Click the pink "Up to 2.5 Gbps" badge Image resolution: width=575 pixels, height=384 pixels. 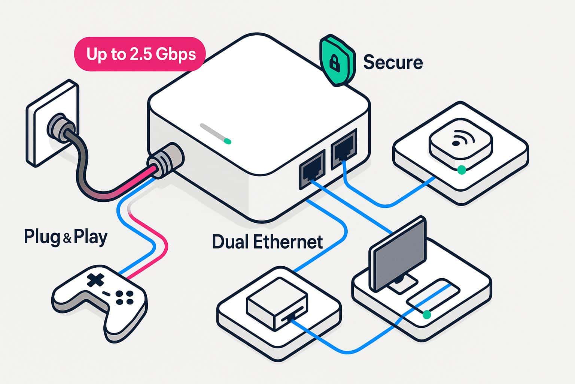point(140,54)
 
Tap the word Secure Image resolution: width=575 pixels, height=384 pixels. point(393,62)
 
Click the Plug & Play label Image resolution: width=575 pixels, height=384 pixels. point(66,237)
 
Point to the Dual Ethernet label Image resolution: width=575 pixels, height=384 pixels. point(267,242)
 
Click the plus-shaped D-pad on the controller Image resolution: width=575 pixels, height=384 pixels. point(95,280)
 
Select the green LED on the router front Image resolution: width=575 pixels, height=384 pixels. point(227,141)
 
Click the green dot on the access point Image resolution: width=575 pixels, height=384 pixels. point(462,170)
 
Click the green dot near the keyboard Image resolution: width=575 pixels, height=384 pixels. point(426,315)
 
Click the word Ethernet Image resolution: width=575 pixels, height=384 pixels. point(288,242)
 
